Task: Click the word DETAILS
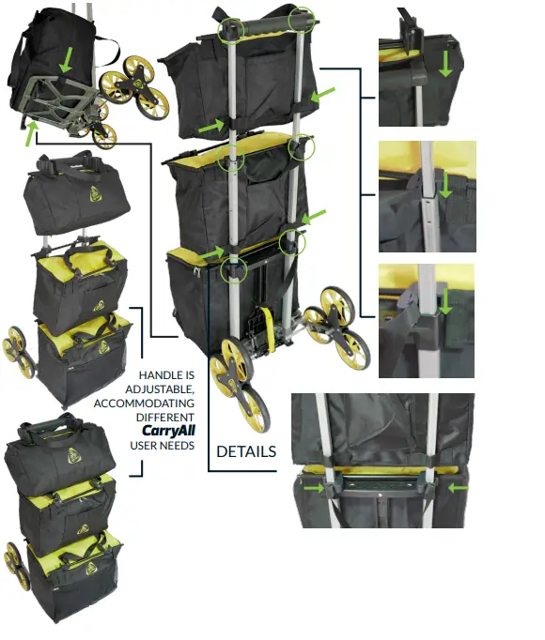tap(246, 451)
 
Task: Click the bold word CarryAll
tap(168, 431)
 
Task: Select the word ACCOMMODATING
tap(144, 404)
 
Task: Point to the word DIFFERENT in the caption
tap(165, 418)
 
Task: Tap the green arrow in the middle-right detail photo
tap(444, 185)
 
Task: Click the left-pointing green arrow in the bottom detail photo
tap(459, 487)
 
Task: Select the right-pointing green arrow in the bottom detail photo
tap(314, 487)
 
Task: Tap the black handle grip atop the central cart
tap(267, 25)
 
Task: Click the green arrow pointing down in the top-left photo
tap(66, 60)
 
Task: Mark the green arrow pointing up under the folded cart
tap(32, 133)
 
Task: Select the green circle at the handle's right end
tap(302, 19)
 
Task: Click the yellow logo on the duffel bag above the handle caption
tap(95, 194)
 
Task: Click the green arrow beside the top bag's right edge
tap(323, 95)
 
